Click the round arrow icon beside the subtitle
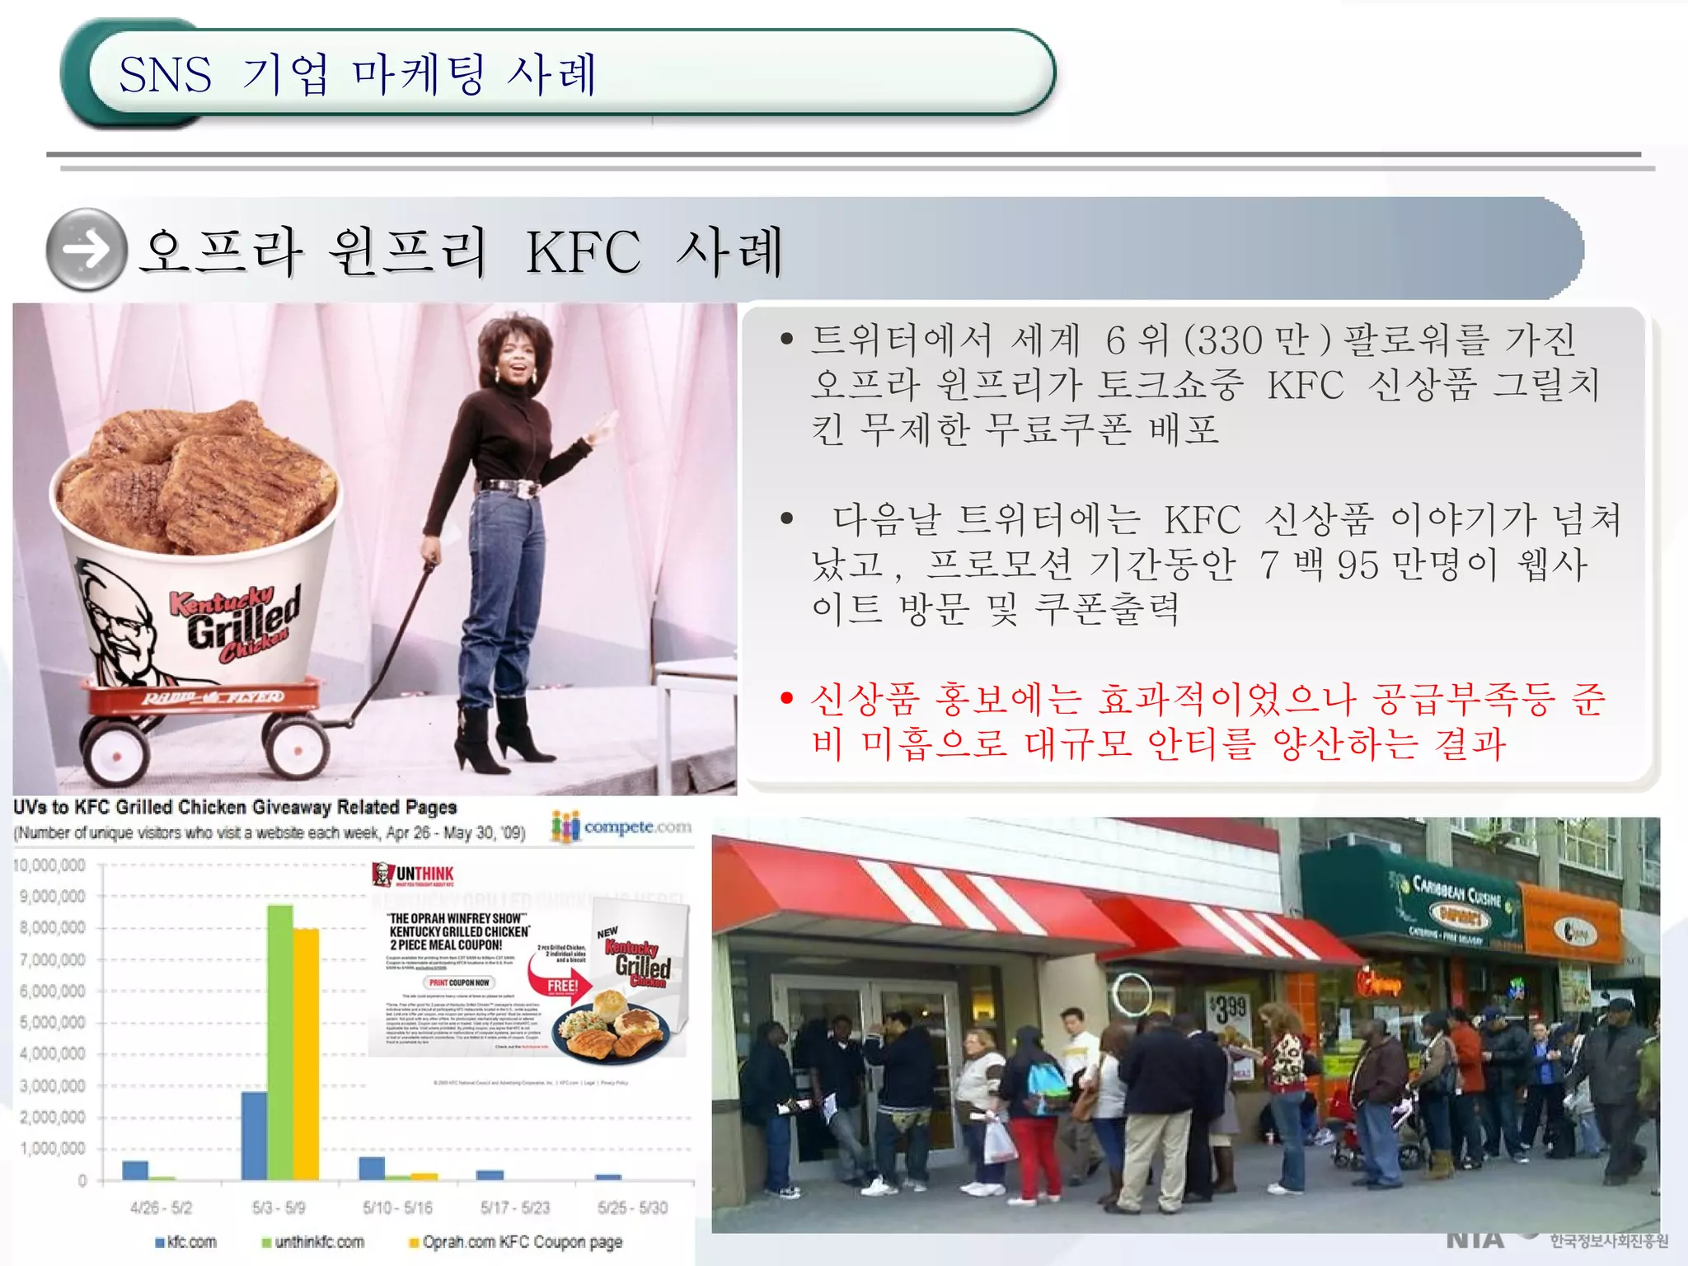click(87, 249)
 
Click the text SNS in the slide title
click(165, 74)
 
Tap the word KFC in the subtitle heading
click(583, 252)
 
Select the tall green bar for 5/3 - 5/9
click(280, 1042)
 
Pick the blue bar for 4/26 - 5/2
click(135, 1170)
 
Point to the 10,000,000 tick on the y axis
click(50, 865)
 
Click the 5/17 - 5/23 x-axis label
click(514, 1207)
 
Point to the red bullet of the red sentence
click(786, 699)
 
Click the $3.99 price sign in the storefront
click(1228, 1008)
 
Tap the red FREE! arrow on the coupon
click(564, 986)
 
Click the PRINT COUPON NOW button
click(459, 982)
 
